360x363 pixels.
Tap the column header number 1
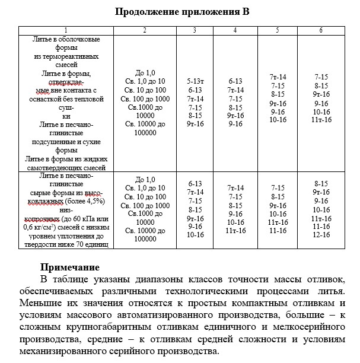[66, 30]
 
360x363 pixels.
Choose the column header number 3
[195, 30]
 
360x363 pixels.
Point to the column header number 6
[321, 30]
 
